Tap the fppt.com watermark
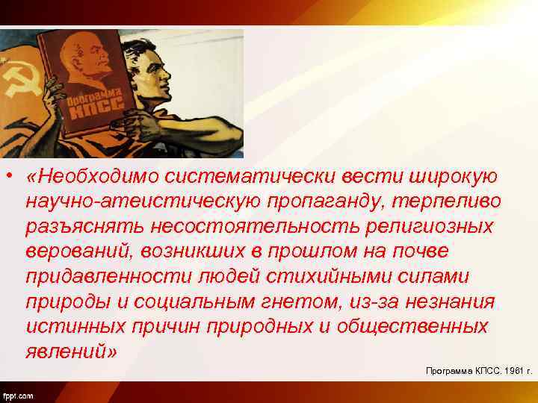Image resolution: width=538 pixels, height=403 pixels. point(19,394)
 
